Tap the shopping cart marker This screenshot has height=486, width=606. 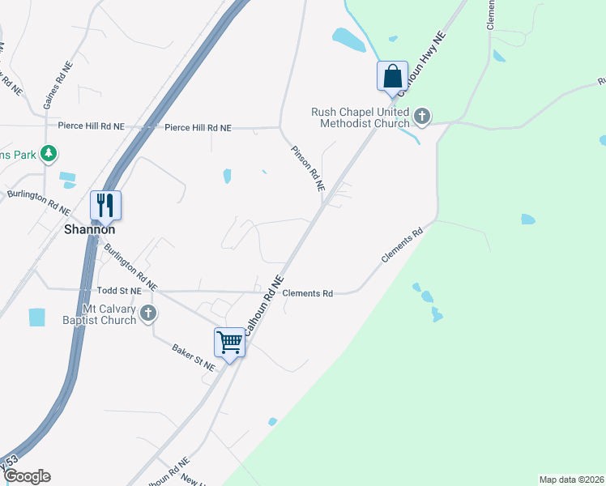tap(229, 342)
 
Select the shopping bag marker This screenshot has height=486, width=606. tap(392, 76)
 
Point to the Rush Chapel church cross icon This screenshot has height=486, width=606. tap(422, 117)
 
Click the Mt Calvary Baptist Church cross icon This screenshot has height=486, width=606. tap(147, 313)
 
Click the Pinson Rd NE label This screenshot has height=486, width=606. tap(308, 168)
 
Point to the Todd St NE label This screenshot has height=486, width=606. tap(119, 290)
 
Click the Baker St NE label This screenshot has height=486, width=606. tap(194, 357)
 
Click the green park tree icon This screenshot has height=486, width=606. tap(49, 152)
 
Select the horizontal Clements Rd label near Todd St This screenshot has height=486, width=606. tap(308, 293)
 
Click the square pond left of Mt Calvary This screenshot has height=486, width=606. tap(37, 317)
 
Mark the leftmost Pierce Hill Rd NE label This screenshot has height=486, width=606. tap(91, 126)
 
